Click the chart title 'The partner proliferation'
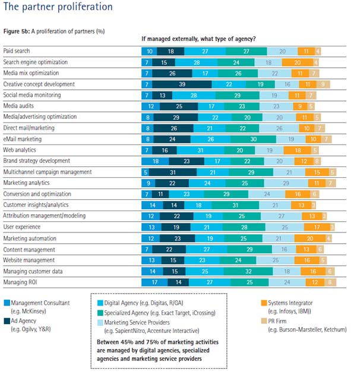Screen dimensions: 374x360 (x=58, y=7)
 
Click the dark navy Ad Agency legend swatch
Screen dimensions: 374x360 (x=7, y=319)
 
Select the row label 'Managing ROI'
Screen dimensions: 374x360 (x=21, y=282)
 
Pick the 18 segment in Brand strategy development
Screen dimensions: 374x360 (x=156, y=161)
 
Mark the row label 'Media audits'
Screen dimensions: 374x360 (x=20, y=106)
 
